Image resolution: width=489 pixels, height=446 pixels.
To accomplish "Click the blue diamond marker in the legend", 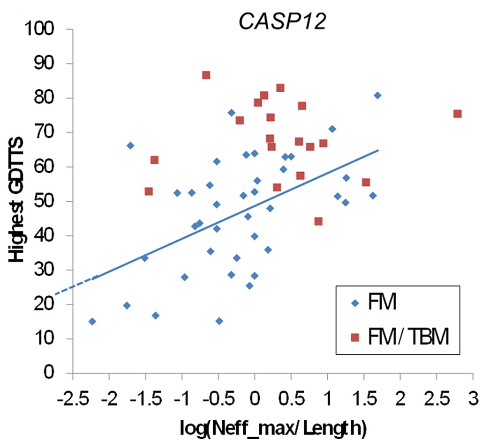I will tap(355, 304).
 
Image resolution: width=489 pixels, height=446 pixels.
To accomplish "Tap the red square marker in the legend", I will tap(355, 337).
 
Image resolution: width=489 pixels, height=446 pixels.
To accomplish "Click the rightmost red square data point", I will tap(458, 114).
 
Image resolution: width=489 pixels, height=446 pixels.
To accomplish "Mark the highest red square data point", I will tap(206, 75).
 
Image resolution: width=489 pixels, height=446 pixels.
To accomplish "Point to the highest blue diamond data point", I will tap(377, 95).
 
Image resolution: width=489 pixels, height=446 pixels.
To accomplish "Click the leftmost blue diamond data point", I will tap(92, 322).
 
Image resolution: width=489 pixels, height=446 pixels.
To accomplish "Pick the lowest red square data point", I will tap(318, 221).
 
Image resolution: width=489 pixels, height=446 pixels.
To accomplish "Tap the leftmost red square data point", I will tap(149, 191).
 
